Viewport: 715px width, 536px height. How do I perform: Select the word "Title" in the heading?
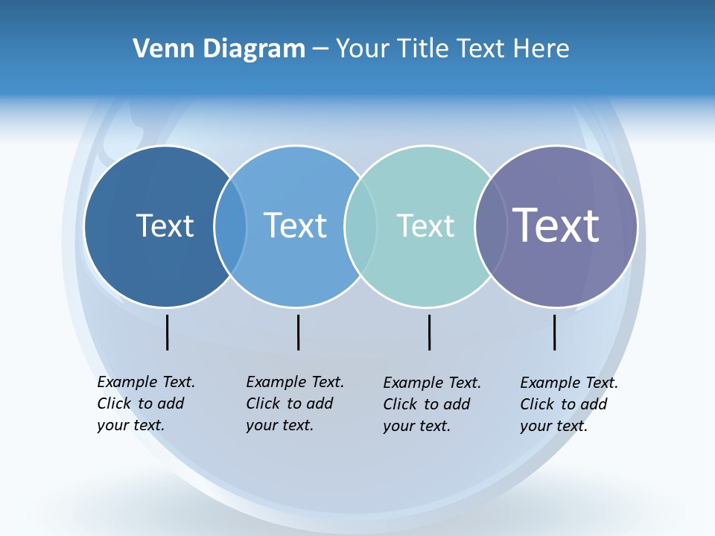point(423,48)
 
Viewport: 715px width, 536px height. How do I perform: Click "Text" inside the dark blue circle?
point(165,226)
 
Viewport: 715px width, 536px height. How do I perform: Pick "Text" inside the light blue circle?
point(295,226)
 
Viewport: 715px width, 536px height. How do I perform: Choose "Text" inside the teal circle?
point(425,226)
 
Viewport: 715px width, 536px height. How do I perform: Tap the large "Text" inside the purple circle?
point(556,226)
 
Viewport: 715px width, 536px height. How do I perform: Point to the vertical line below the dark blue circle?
point(168,332)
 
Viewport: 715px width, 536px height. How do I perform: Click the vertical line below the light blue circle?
point(298,332)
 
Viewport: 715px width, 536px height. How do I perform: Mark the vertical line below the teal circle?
point(429,332)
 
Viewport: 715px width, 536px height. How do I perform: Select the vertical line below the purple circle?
point(554,332)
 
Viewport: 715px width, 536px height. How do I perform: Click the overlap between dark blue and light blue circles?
point(231,226)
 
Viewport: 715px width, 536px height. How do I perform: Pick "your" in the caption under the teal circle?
point(399,426)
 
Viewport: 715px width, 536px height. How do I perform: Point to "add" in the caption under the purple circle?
point(594,404)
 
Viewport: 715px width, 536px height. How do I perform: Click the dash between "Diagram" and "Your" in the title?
point(320,50)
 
